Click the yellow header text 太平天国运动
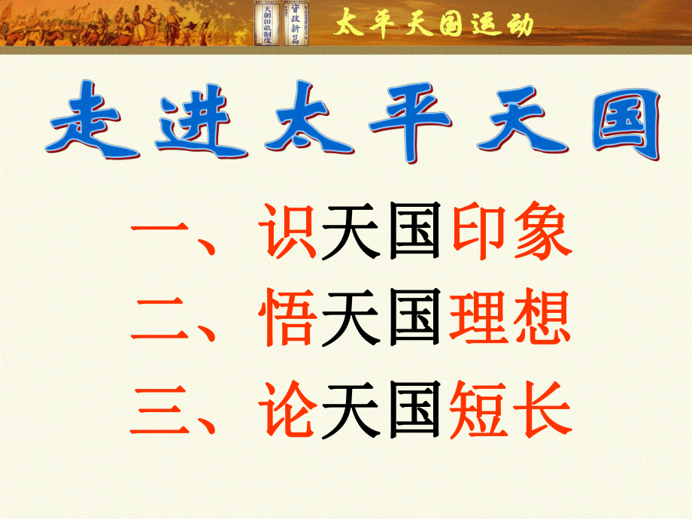[x=433, y=24]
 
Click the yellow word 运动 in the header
[x=504, y=24]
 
